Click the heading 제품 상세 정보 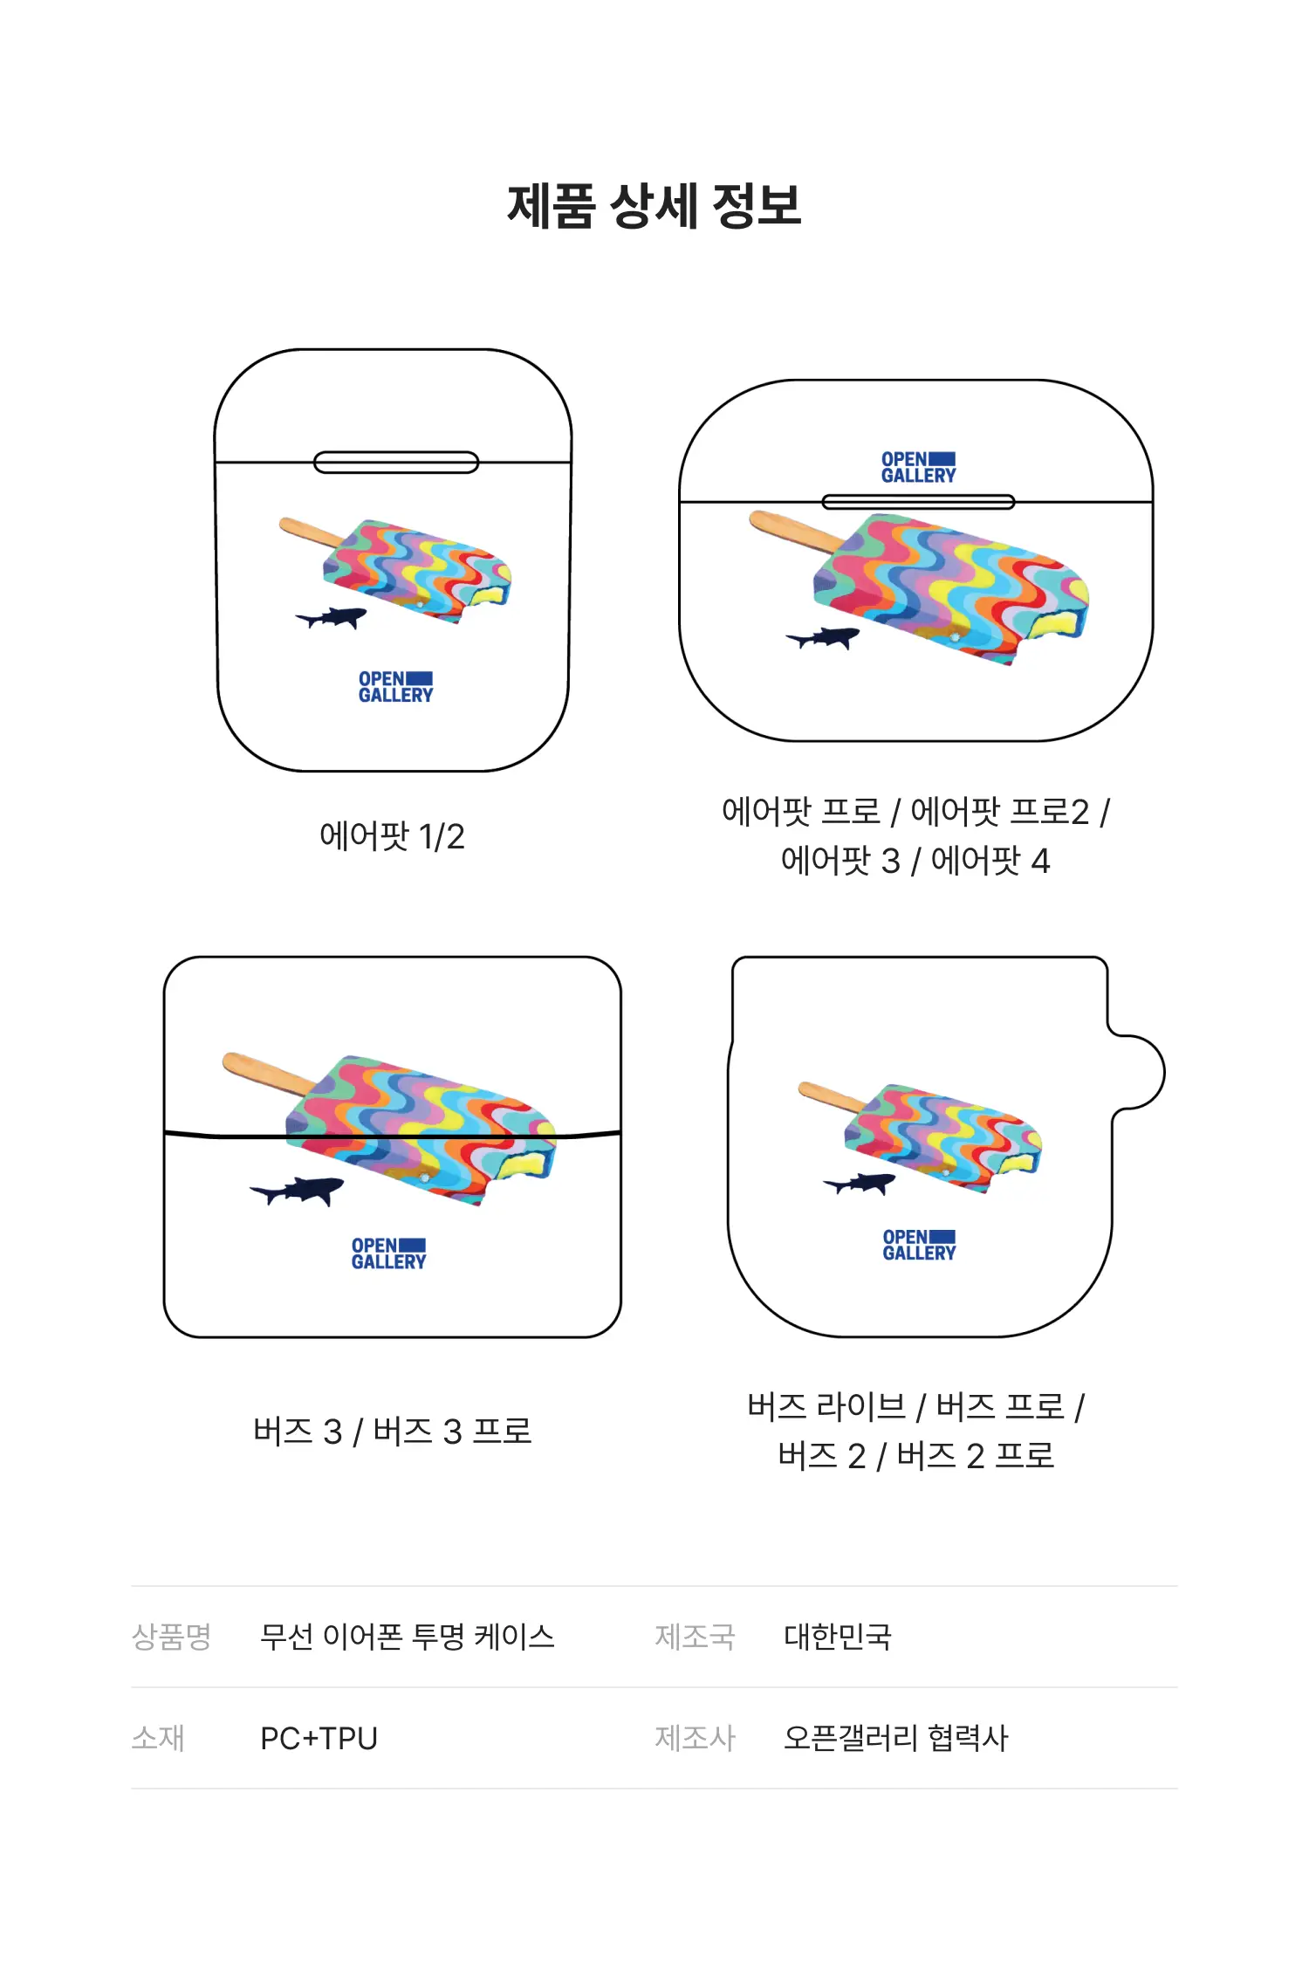[x=654, y=206]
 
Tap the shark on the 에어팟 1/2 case [x=332, y=618]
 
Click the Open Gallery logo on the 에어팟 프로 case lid [x=918, y=468]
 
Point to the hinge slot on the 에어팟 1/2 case [x=396, y=463]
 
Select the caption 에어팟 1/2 [x=392, y=836]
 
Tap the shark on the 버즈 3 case [x=297, y=1191]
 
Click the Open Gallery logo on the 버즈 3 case [x=388, y=1253]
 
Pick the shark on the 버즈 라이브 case [x=860, y=1184]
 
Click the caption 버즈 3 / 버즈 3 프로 [x=393, y=1432]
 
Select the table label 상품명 [x=171, y=1637]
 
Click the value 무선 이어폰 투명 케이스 [x=408, y=1637]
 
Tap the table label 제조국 [x=696, y=1637]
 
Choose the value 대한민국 [x=838, y=1637]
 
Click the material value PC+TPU [x=319, y=1738]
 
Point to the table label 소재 [x=158, y=1738]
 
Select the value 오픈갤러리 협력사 [x=896, y=1738]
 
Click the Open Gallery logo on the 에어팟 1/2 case [x=395, y=687]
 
